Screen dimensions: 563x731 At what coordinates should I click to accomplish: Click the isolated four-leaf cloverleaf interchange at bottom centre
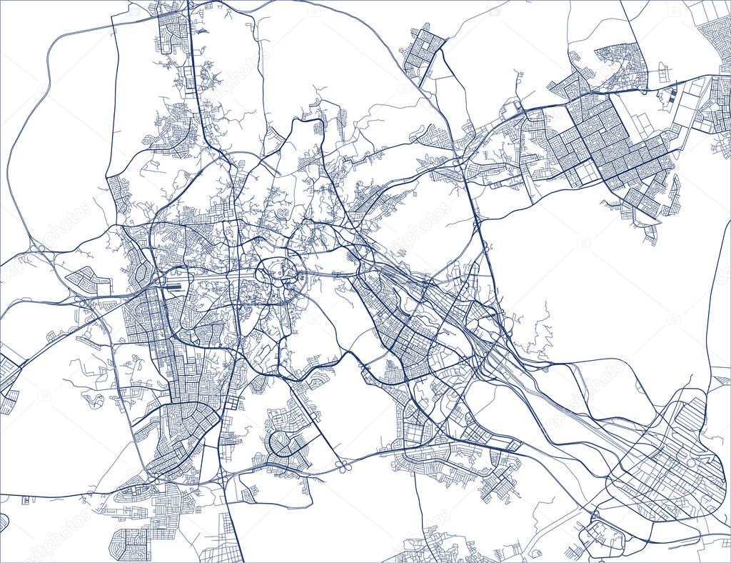click(x=342, y=467)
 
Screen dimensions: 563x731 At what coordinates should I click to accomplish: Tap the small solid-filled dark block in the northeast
click(x=675, y=93)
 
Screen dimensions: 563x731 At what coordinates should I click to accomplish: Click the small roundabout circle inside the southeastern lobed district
click(x=691, y=464)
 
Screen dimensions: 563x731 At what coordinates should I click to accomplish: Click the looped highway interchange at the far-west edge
click(x=36, y=249)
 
